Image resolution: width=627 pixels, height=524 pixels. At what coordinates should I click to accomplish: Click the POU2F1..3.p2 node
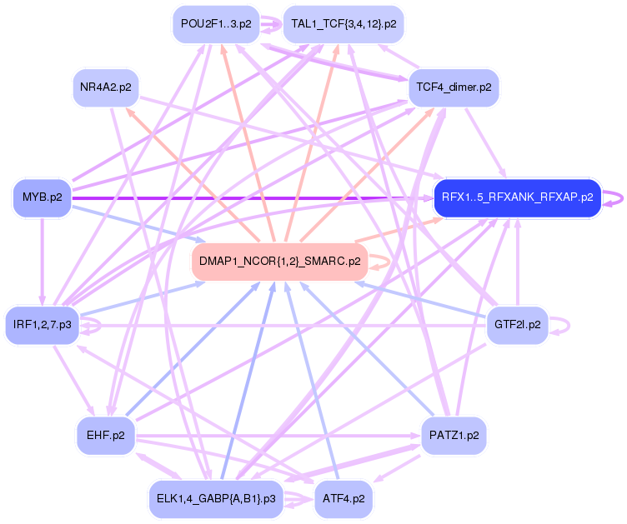215,24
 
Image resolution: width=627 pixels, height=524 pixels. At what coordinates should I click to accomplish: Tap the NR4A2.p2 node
104,87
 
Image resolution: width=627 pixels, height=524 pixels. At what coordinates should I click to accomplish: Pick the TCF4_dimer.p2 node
454,87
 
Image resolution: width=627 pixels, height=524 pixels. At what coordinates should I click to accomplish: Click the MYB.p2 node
41,197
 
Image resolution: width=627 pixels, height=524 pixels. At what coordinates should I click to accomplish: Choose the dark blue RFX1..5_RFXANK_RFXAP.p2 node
517,197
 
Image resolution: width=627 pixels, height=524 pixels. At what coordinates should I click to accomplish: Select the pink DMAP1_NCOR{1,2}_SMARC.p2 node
279,261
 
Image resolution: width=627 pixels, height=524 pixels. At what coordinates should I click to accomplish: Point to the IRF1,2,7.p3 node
42,324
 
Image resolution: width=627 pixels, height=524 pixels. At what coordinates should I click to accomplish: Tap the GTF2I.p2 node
517,324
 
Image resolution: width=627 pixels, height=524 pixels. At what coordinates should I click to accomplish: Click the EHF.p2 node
105,435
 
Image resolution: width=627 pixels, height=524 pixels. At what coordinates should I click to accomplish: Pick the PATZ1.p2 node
454,435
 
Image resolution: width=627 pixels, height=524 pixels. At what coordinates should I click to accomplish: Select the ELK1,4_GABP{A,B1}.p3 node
215,498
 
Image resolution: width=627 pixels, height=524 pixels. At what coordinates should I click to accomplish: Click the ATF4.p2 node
344,498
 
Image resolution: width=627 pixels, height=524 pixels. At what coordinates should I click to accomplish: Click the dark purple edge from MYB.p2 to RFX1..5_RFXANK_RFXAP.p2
250,197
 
